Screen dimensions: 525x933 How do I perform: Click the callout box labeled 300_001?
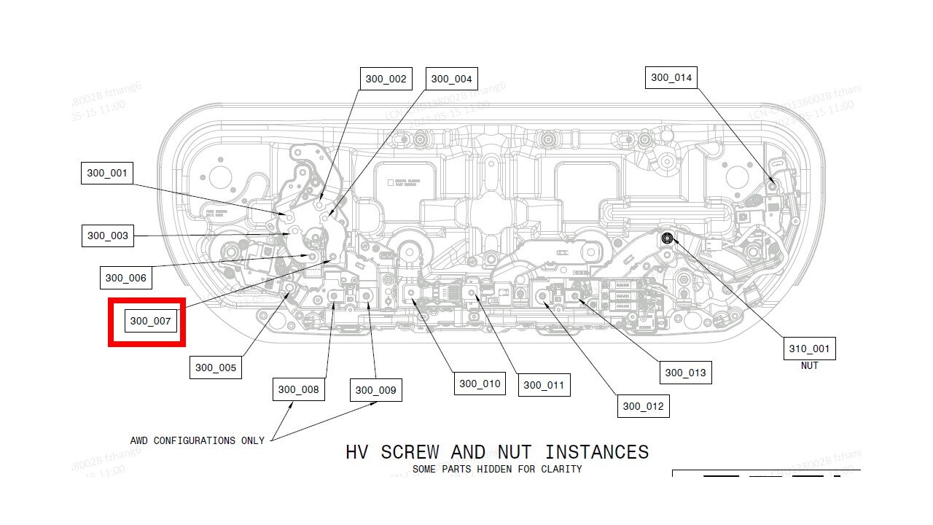point(107,174)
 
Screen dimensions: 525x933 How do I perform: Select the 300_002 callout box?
point(386,79)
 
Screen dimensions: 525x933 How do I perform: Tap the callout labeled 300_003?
point(108,236)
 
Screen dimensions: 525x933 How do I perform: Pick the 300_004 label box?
point(451,79)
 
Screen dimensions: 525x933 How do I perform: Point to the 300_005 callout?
point(216,367)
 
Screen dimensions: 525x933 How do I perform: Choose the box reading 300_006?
point(125,278)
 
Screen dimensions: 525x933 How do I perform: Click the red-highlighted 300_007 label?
point(151,321)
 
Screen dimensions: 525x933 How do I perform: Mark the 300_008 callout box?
point(298,389)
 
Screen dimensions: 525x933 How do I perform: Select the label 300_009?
point(375,390)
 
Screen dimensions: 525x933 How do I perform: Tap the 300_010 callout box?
point(480,384)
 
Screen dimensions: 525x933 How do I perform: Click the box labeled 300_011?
point(544,385)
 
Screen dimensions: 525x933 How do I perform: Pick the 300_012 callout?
point(643,406)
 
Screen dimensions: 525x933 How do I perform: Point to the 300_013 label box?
point(685,373)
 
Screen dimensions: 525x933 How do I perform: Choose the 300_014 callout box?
point(671,77)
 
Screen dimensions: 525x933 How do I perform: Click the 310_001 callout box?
point(809,349)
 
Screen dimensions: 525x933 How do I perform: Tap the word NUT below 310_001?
point(809,366)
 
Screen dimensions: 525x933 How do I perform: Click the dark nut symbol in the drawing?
point(667,238)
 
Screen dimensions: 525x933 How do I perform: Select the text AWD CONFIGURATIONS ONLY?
point(197,440)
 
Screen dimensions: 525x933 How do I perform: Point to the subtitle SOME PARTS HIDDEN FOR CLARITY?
point(497,469)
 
